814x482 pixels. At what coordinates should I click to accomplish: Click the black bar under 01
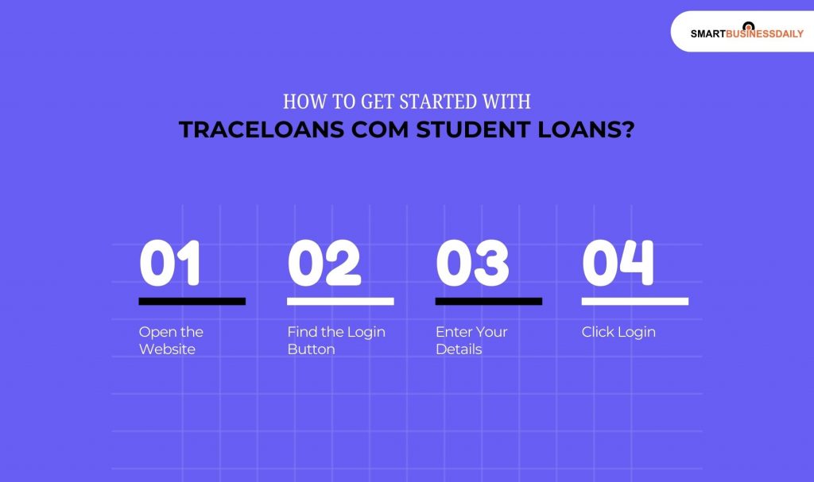point(192,301)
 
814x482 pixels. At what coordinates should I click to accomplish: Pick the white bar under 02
point(340,301)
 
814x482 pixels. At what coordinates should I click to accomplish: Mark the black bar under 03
point(488,301)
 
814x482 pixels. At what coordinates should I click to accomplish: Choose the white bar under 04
point(634,301)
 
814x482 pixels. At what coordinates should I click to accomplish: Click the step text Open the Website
point(171,340)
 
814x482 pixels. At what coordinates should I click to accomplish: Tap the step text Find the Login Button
point(335,340)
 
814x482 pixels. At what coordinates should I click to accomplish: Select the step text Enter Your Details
point(471,340)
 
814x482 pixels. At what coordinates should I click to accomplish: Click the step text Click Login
point(618,332)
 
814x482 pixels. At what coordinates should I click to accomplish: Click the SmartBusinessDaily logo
point(746,33)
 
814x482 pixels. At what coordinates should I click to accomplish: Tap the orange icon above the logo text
point(747,25)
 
